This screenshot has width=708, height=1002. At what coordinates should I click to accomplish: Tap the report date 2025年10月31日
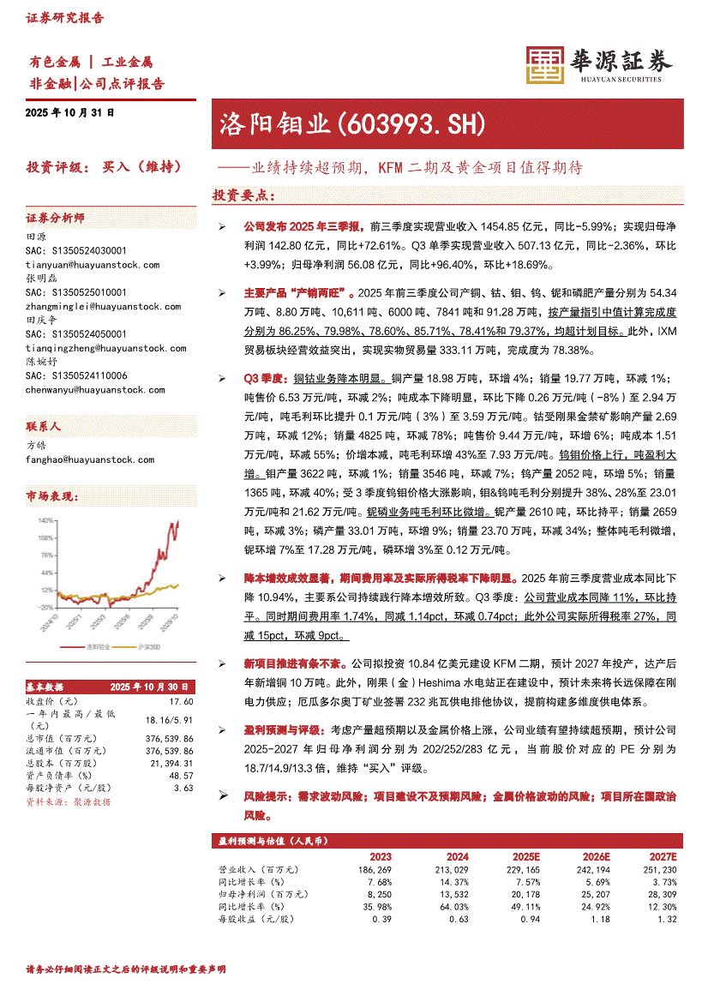[70, 113]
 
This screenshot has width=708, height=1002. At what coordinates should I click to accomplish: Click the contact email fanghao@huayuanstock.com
[90, 459]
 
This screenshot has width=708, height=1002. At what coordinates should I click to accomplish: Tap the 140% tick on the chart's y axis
[40, 520]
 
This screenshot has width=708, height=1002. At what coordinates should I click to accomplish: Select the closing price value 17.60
[183, 700]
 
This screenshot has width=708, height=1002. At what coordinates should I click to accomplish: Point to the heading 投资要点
[243, 196]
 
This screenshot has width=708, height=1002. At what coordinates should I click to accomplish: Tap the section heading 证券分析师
[55, 219]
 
